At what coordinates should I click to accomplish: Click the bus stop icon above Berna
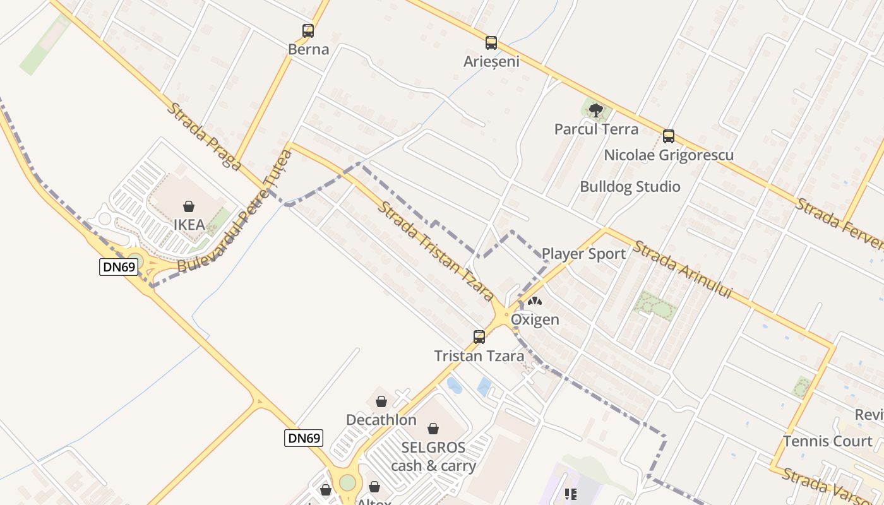[308, 30]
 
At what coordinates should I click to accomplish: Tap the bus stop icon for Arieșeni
[491, 43]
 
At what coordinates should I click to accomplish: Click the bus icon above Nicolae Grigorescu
[668, 136]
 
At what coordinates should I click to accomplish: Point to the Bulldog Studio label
[630, 187]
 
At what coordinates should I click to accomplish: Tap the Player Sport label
[583, 254]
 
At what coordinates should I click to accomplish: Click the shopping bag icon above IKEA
[188, 206]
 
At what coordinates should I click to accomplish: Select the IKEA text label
[189, 225]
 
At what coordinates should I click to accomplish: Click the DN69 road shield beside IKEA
[119, 267]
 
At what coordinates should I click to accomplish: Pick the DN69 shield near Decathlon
[304, 437]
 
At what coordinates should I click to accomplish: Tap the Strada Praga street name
[203, 136]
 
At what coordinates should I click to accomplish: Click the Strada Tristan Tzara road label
[435, 251]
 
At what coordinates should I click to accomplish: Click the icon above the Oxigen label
[534, 302]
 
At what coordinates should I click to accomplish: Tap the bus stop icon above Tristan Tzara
[479, 336]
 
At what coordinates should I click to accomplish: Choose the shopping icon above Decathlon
[381, 401]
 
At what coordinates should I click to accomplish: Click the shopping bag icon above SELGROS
[433, 429]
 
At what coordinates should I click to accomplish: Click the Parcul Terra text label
[596, 129]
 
